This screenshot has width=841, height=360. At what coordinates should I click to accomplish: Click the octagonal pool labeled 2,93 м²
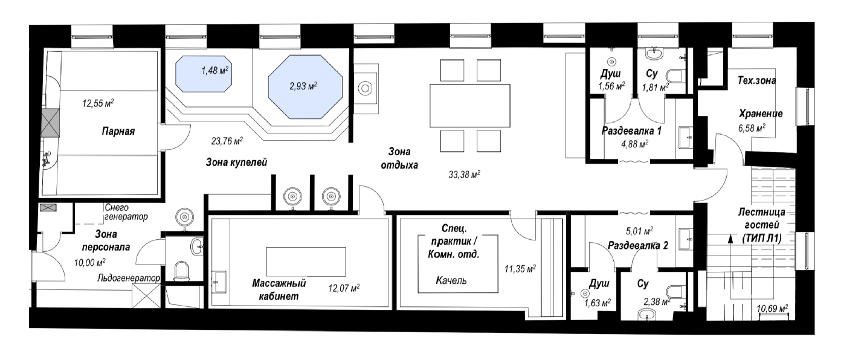tap(305, 87)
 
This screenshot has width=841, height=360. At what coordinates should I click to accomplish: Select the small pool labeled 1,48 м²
tap(203, 74)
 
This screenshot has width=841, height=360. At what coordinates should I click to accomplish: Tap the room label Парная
tap(118, 132)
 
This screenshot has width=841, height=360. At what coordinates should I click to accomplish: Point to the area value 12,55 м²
tap(98, 103)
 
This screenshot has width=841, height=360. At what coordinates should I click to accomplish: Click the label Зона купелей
tap(237, 162)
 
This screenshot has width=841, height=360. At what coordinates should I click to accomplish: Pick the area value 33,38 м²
tap(465, 175)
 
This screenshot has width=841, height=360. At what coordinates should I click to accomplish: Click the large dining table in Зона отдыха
tap(469, 106)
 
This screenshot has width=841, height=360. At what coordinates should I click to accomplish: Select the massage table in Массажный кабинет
tap(306, 262)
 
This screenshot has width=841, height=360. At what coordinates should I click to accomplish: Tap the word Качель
tap(451, 280)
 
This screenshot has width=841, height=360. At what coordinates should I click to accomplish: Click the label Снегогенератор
tap(126, 212)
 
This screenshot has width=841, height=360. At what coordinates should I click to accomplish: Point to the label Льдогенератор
tap(129, 278)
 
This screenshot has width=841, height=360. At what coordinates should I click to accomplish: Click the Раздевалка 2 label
tap(638, 245)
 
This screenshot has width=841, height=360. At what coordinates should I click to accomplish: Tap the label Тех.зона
tap(756, 80)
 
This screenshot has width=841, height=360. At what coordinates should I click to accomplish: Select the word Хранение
tap(761, 114)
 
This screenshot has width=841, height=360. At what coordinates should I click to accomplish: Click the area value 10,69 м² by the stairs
tap(772, 309)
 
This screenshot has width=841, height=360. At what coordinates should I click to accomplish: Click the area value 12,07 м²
tap(344, 288)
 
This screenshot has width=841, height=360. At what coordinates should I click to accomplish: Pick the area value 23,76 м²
tap(227, 141)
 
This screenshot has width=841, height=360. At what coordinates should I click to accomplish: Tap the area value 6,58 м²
tap(752, 128)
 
